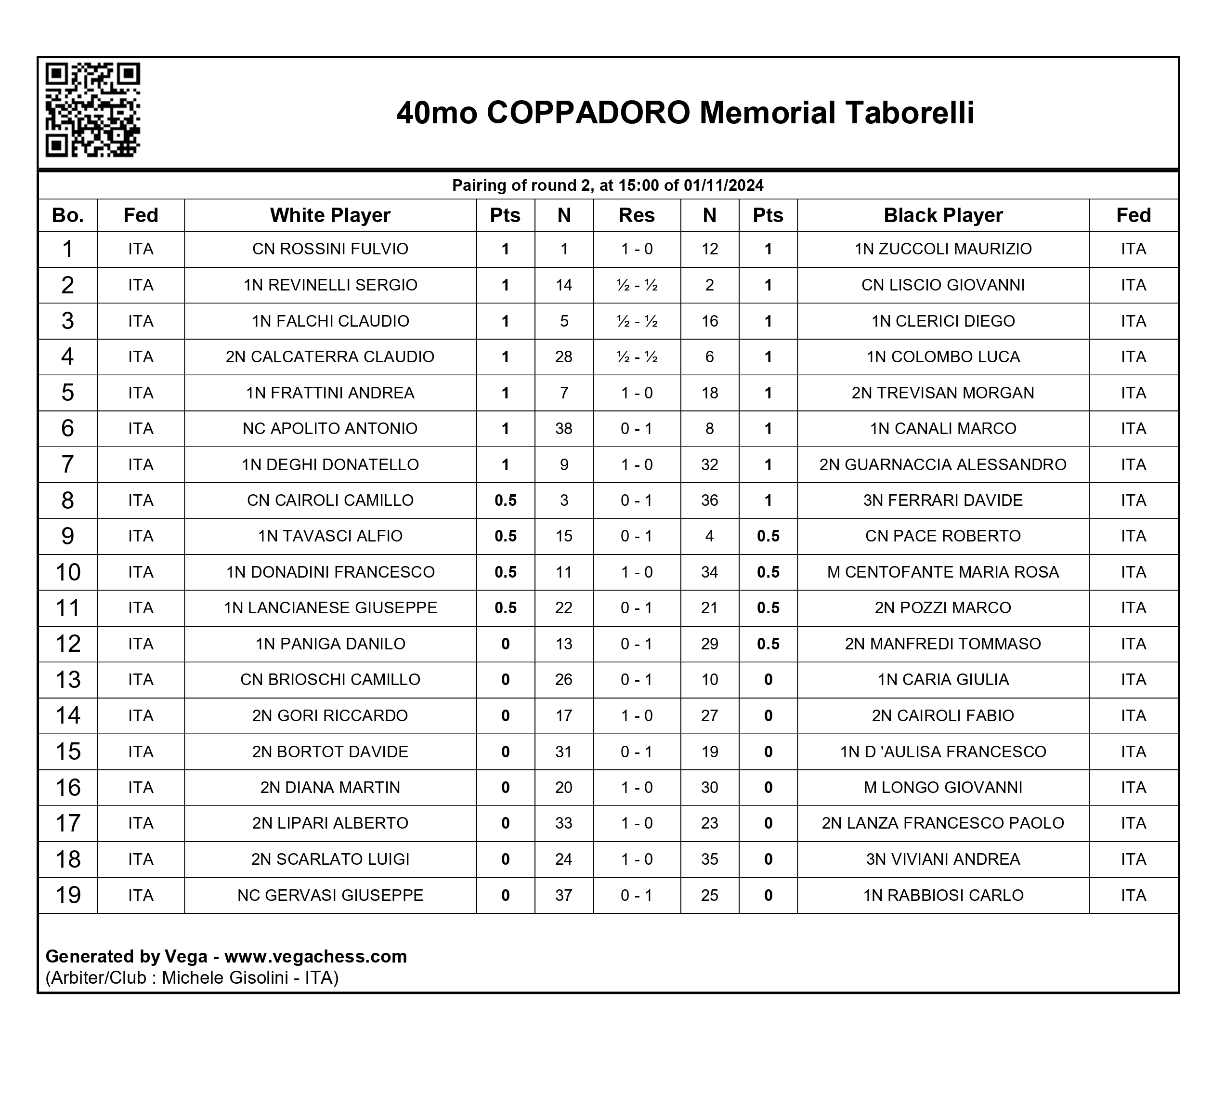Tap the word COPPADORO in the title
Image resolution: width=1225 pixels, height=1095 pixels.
tap(588, 113)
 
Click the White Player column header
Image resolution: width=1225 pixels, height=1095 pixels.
tap(330, 215)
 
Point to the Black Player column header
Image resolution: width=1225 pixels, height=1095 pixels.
tap(942, 215)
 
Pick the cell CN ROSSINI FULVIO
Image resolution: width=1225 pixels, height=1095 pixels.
tap(330, 249)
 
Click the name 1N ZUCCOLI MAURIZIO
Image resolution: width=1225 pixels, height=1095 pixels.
tap(942, 249)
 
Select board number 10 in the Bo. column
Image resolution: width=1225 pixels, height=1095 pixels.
tap(67, 572)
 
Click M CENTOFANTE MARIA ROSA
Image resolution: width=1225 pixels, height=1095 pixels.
tap(942, 572)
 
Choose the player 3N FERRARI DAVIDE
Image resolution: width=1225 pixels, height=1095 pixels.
tap(942, 501)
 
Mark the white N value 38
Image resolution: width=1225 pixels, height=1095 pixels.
tap(563, 428)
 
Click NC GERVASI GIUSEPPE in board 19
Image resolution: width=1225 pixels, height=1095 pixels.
tap(330, 895)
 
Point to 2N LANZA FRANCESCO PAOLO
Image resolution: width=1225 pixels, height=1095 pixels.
tap(942, 823)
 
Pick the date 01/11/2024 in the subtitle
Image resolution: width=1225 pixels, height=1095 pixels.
tap(723, 185)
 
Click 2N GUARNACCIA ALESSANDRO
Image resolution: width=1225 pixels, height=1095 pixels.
tap(942, 464)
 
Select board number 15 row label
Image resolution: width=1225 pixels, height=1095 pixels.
tap(67, 752)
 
